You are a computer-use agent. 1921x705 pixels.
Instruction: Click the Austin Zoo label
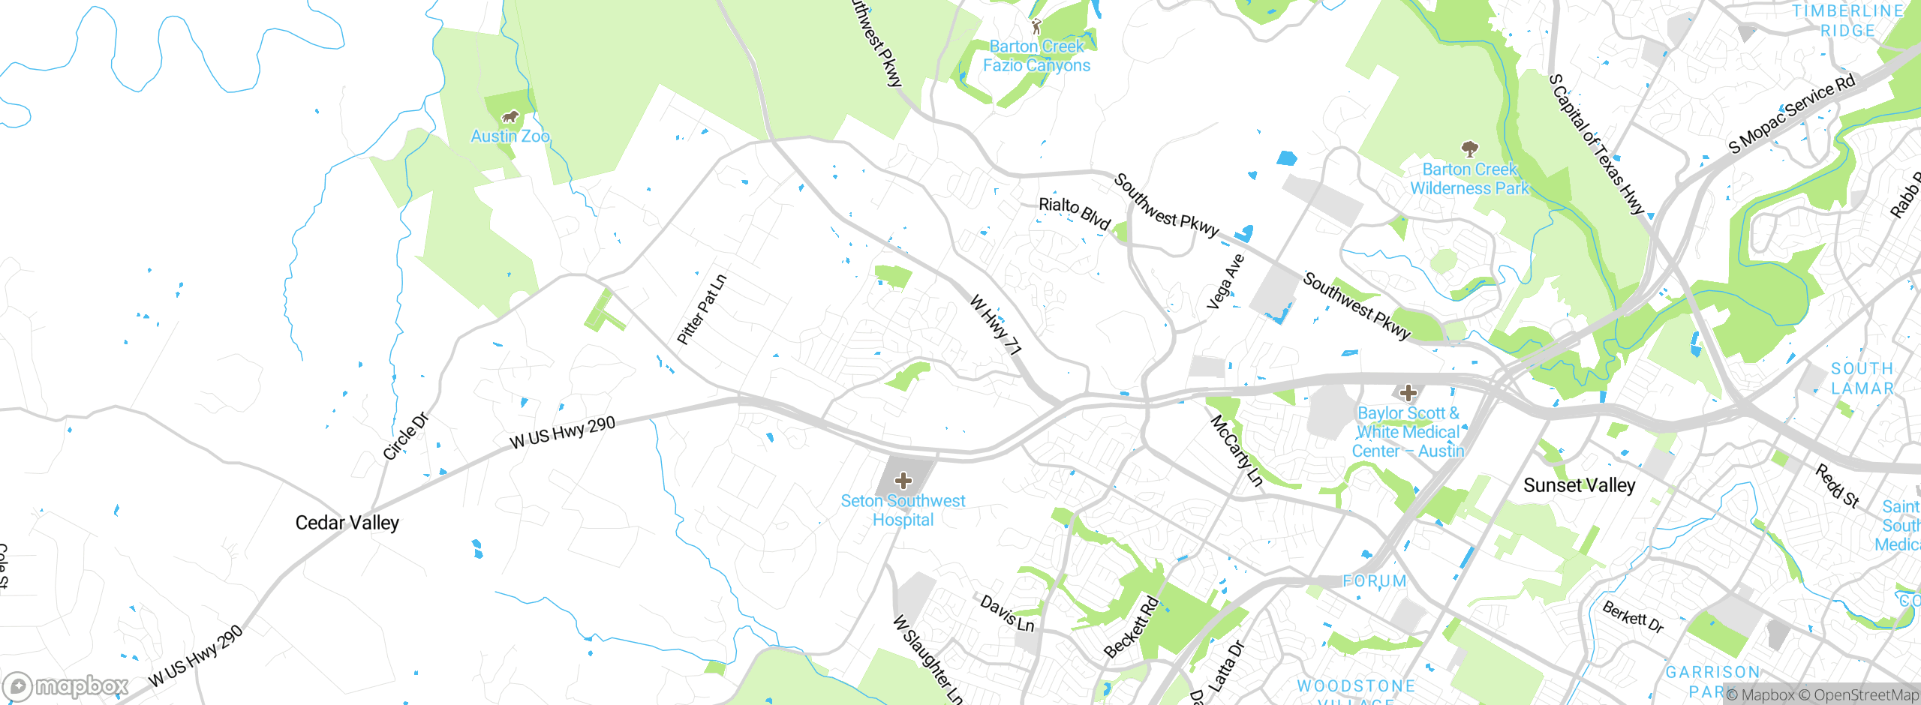click(x=510, y=136)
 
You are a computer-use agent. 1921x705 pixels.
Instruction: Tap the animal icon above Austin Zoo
click(x=510, y=117)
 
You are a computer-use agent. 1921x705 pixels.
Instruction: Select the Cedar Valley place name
click(x=347, y=523)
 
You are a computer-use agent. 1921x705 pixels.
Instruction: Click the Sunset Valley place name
click(x=1579, y=485)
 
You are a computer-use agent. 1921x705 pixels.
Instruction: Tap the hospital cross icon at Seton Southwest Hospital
click(x=903, y=481)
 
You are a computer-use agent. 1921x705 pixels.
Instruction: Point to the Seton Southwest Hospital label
click(x=903, y=510)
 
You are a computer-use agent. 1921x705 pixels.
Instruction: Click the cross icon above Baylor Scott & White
click(x=1408, y=392)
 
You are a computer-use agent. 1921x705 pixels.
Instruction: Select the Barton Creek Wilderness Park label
click(x=1469, y=179)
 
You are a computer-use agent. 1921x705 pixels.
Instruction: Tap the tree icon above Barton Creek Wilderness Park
click(x=1469, y=148)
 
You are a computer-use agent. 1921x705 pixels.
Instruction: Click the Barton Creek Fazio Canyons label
click(x=1036, y=56)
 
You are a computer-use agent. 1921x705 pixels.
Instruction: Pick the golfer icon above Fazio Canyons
click(x=1036, y=27)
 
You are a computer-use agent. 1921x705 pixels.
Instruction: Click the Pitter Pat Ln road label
click(x=702, y=310)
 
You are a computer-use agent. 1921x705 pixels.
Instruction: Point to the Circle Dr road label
click(x=405, y=436)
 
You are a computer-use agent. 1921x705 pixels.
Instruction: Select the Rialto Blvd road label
click(x=1074, y=213)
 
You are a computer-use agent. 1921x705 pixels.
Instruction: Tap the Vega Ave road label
click(x=1225, y=282)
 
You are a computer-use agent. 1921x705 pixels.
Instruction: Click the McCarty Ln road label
click(x=1237, y=451)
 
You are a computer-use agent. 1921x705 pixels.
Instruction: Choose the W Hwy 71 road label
click(x=995, y=325)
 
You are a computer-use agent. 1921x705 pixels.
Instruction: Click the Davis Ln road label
click(x=1007, y=613)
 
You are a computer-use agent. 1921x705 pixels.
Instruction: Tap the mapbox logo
click(x=66, y=685)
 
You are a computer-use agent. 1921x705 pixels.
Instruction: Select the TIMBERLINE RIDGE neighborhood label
click(x=1847, y=21)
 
